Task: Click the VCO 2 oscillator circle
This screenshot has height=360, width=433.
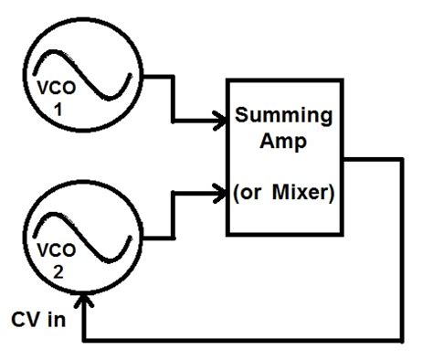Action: point(85,240)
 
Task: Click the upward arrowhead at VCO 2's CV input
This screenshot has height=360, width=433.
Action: point(85,301)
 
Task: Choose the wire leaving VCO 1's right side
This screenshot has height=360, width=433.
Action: point(155,78)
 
